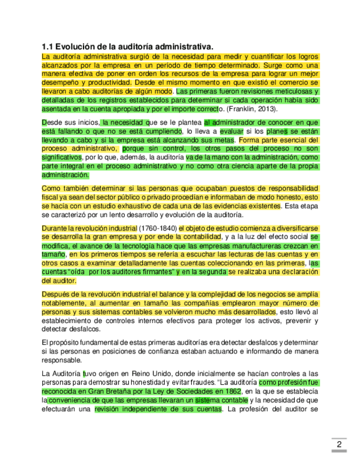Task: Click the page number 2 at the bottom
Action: pos(339,445)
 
